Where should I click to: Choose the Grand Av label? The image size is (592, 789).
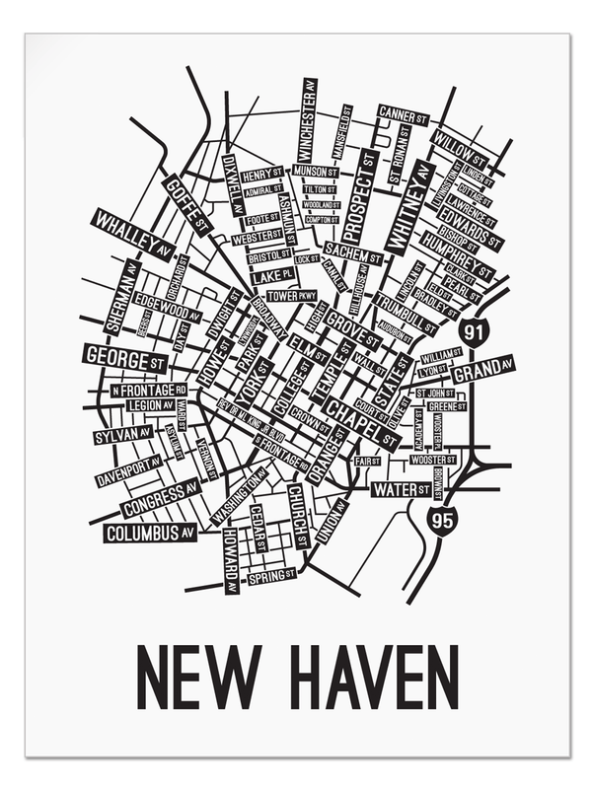click(482, 370)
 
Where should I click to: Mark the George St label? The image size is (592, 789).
click(124, 358)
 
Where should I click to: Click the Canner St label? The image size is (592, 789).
click(402, 115)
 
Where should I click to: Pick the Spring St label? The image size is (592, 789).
click(271, 575)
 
